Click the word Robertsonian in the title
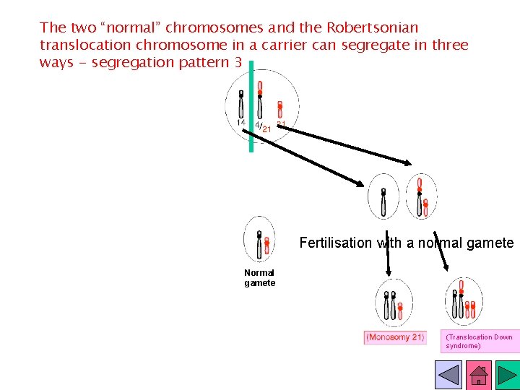coord(372,28)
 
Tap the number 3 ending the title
coord(238,63)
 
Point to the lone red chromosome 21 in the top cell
coord(280,108)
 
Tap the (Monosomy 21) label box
coord(394,337)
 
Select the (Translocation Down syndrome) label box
coord(480,342)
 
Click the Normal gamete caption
coord(259,278)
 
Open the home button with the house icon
coord(479,375)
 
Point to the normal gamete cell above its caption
coord(259,239)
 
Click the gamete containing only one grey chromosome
coord(383,196)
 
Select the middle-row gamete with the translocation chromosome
coord(421,196)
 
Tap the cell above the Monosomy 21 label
coord(394,303)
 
